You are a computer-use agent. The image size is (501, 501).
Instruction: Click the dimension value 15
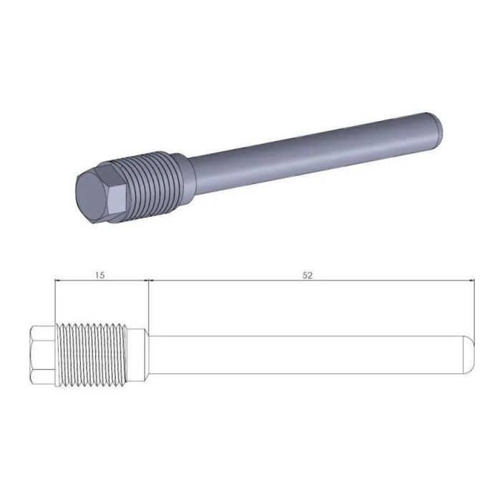100,275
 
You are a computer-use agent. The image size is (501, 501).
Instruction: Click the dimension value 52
308,275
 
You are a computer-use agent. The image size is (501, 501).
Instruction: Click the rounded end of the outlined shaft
469,354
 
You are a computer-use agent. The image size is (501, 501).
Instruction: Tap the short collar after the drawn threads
137,354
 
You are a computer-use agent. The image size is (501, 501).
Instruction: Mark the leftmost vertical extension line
55,301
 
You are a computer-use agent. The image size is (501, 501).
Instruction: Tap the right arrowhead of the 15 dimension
144,282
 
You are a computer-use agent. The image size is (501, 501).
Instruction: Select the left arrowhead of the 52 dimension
151,282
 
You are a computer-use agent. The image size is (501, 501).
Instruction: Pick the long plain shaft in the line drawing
308,354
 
